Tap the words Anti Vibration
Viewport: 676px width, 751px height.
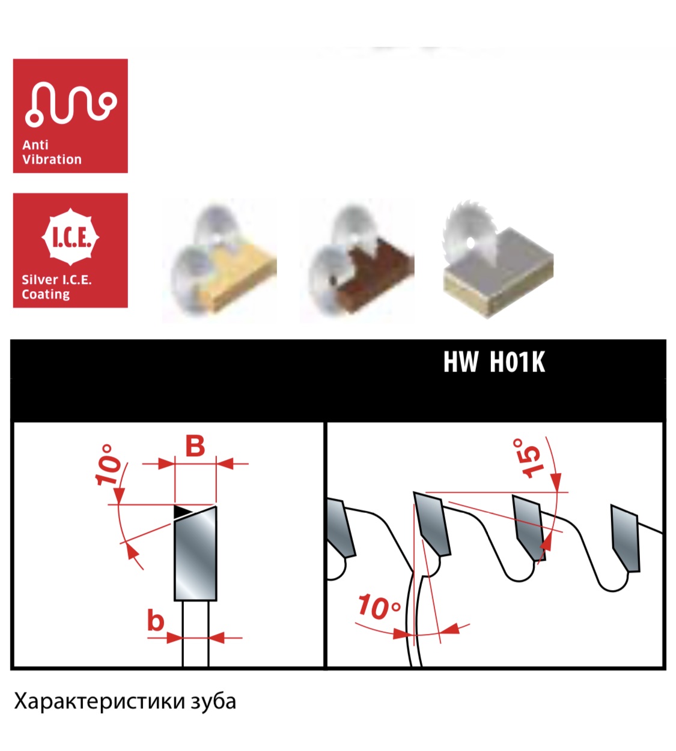52,152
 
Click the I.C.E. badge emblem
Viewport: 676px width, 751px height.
70,237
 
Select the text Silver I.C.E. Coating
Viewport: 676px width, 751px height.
56,287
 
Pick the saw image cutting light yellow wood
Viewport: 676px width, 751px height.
219,261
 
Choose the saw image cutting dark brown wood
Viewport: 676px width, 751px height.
357,261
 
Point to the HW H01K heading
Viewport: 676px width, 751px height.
494,362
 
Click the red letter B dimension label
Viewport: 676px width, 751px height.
195,446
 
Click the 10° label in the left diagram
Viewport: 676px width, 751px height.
108,465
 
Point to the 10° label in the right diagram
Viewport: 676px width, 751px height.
379,606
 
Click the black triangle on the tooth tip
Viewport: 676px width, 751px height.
181,512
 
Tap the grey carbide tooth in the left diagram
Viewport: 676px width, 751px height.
195,553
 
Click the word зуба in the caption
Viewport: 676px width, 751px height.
213,701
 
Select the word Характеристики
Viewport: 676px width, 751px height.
100,701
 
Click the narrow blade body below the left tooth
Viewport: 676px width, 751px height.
195,633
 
